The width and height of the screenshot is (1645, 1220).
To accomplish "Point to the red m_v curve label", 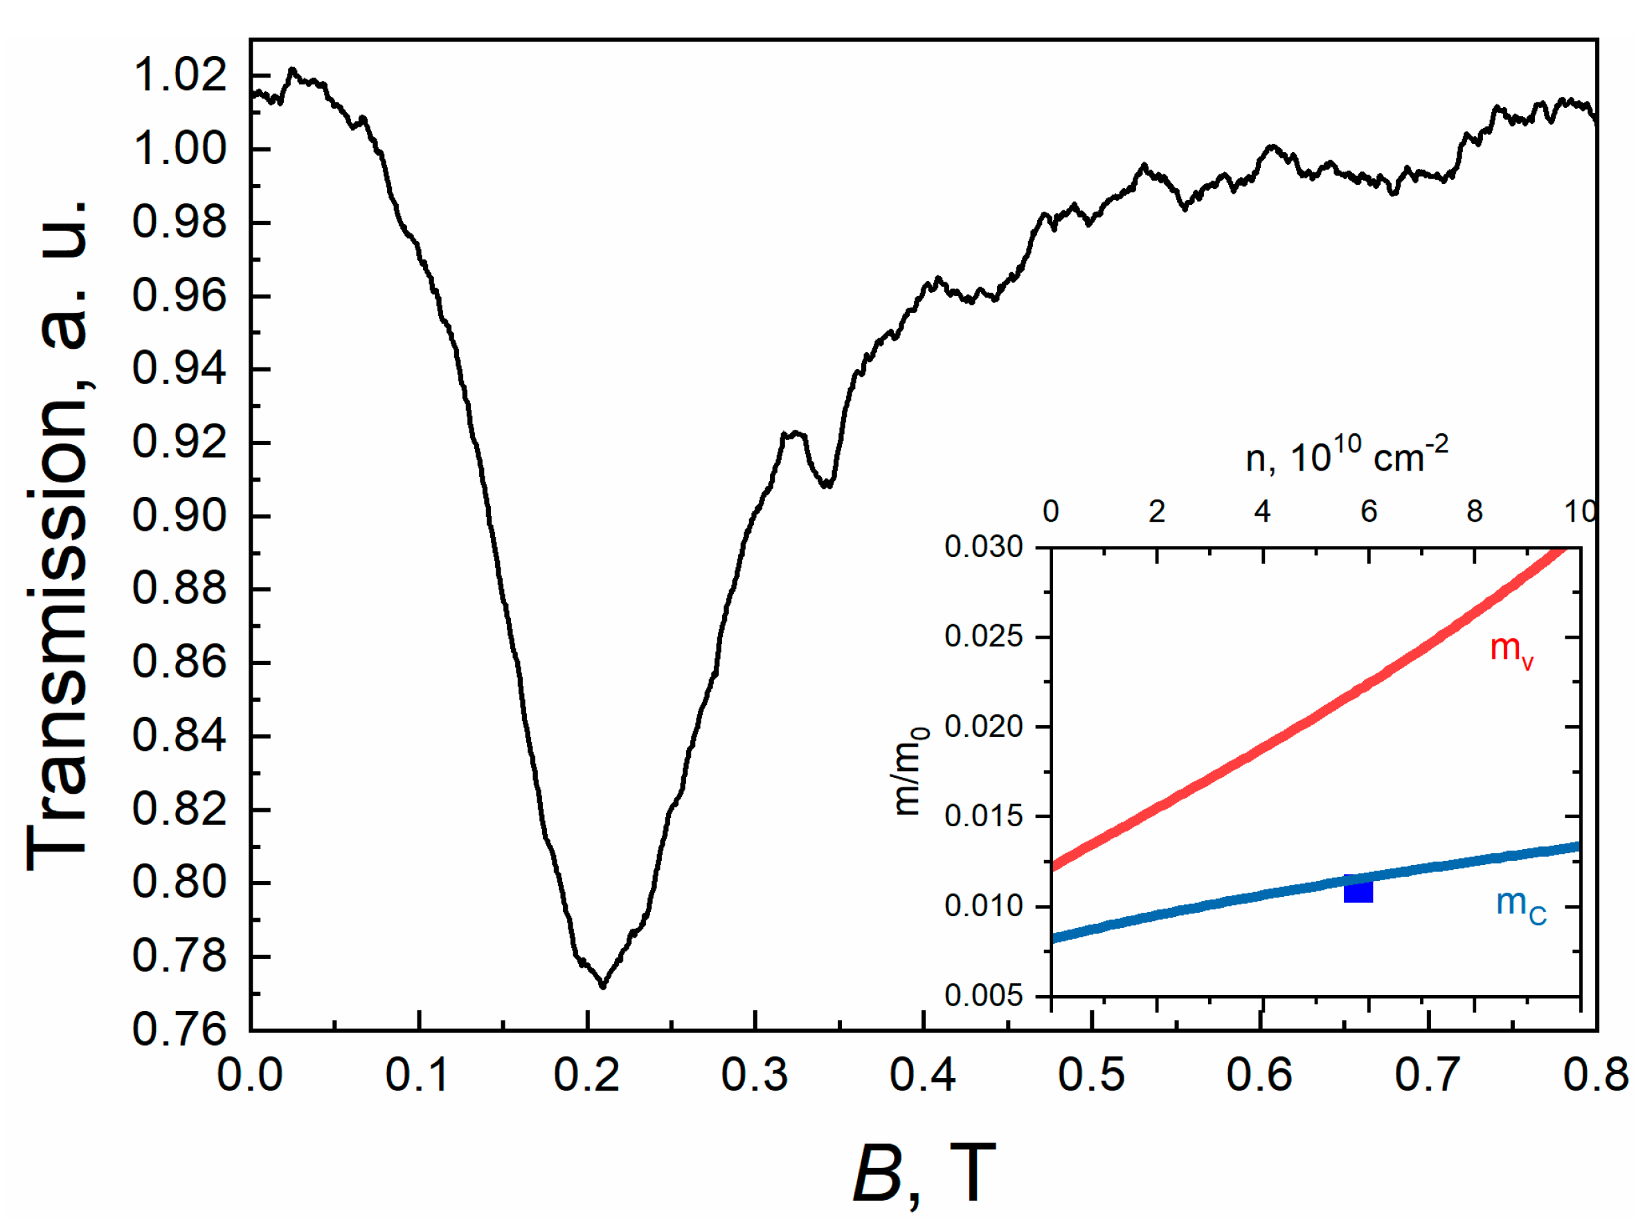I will [1511, 650].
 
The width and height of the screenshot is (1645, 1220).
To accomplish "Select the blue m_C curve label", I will [1520, 905].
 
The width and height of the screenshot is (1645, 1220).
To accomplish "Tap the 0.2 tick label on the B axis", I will [586, 1075].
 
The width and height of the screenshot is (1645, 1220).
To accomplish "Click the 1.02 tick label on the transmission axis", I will [179, 76].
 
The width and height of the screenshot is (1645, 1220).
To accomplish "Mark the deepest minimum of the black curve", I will [603, 985].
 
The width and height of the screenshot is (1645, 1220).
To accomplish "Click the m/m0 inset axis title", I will [910, 772].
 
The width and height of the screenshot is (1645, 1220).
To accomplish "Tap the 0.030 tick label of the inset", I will [983, 547].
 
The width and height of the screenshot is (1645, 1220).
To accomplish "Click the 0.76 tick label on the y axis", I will [179, 1030].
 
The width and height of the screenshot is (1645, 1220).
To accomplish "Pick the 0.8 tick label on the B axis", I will [1596, 1075].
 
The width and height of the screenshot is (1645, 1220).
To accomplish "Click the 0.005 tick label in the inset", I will [983, 996].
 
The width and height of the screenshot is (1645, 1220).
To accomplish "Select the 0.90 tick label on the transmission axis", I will [179, 516].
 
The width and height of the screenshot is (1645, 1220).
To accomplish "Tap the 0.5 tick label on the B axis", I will [1091, 1075].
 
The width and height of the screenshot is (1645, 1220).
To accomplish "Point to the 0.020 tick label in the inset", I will [983, 727].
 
